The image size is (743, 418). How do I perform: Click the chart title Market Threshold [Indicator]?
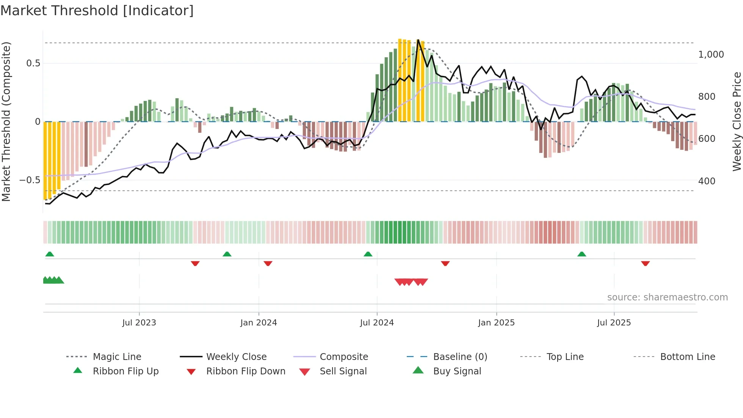click(97, 11)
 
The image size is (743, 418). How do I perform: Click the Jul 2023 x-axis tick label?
click(139, 323)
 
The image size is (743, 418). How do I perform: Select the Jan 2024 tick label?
click(259, 323)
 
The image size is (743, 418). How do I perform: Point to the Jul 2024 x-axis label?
click(377, 323)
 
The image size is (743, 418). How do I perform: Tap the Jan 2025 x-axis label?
click(496, 323)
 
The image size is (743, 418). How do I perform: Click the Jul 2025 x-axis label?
click(614, 323)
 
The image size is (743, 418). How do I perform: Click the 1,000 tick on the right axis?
click(711, 55)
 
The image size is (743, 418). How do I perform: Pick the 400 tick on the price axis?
click(707, 181)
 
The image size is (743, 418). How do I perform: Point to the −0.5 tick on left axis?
click(30, 180)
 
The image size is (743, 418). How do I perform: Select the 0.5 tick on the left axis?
click(33, 63)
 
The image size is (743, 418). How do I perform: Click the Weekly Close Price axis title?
click(737, 121)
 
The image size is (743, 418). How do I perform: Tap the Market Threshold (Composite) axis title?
click(6, 121)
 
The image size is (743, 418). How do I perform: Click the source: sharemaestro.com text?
click(667, 297)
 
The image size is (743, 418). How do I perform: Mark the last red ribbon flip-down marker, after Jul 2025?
click(645, 263)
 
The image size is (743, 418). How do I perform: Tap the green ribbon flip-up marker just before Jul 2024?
click(368, 254)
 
